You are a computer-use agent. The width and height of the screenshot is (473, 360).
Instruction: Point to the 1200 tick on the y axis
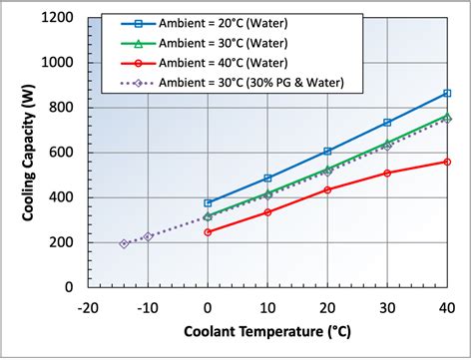(x=59, y=17)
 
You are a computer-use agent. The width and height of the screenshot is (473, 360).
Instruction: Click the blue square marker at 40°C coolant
(x=446, y=93)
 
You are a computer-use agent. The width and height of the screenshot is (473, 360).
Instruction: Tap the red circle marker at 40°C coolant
(x=446, y=162)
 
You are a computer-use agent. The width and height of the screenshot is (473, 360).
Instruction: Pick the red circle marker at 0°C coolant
(x=208, y=231)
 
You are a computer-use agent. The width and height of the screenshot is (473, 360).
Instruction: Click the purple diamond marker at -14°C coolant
(x=124, y=243)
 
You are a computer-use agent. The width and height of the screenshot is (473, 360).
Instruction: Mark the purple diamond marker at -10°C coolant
(x=148, y=236)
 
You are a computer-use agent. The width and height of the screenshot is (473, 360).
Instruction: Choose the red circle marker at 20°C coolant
(x=327, y=189)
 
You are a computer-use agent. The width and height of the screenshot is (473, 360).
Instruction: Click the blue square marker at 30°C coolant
(x=387, y=123)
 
